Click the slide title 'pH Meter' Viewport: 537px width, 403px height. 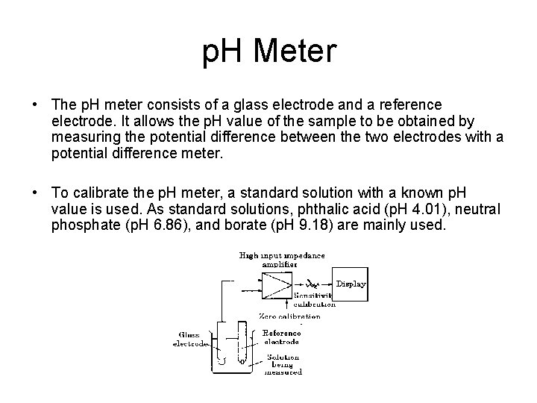click(x=269, y=52)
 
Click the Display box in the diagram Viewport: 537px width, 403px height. click(x=351, y=284)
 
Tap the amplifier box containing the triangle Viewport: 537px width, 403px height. click(x=268, y=283)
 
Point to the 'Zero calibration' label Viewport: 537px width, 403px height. click(x=289, y=316)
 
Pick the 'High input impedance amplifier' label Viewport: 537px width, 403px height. click(x=281, y=259)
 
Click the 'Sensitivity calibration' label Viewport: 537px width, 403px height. click(x=313, y=299)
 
